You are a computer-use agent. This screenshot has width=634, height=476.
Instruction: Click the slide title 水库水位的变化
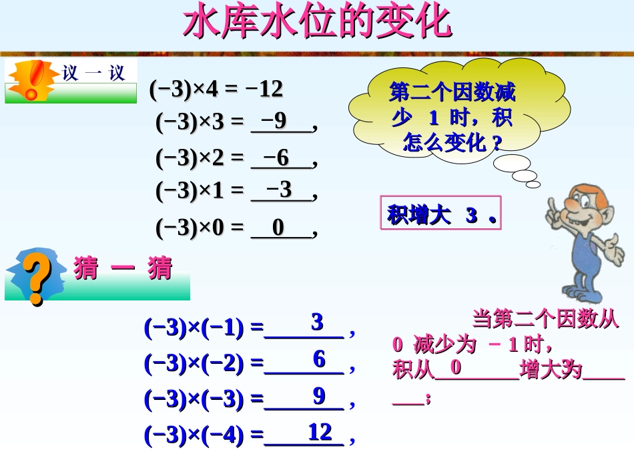pyautogui.click(x=317, y=23)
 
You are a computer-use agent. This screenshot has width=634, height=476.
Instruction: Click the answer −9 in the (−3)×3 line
pyautogui.click(x=274, y=121)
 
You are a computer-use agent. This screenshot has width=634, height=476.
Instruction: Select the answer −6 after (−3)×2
pyautogui.click(x=276, y=158)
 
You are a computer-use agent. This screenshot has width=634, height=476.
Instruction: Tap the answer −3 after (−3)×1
pyautogui.click(x=279, y=190)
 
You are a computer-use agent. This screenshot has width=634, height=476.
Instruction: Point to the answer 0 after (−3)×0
pyautogui.click(x=278, y=228)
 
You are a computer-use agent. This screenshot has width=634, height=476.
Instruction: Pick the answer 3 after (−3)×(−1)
pyautogui.click(x=317, y=322)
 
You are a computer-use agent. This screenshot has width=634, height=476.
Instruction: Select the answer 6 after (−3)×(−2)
pyautogui.click(x=319, y=360)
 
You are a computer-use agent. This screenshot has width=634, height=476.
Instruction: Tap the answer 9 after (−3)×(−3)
pyautogui.click(x=319, y=396)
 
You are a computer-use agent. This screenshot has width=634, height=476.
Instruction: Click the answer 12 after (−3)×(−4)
pyautogui.click(x=320, y=433)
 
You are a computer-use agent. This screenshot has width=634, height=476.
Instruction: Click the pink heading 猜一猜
pyautogui.click(x=123, y=269)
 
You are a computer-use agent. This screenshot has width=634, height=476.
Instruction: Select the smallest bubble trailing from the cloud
pyautogui.click(x=533, y=184)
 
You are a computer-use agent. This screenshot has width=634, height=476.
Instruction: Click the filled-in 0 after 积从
pyautogui.click(x=456, y=367)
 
